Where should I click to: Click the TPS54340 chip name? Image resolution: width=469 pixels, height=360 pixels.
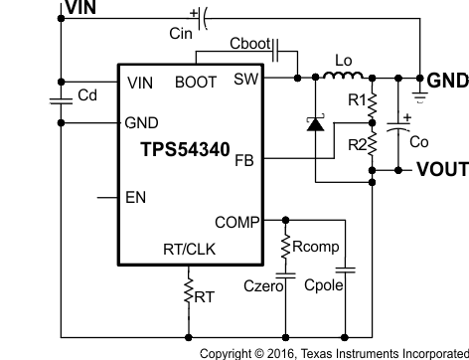click(185, 150)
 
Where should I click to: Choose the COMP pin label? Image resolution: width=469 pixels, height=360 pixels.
click(237, 221)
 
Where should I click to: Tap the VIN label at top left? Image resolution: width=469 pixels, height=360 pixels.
click(83, 8)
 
